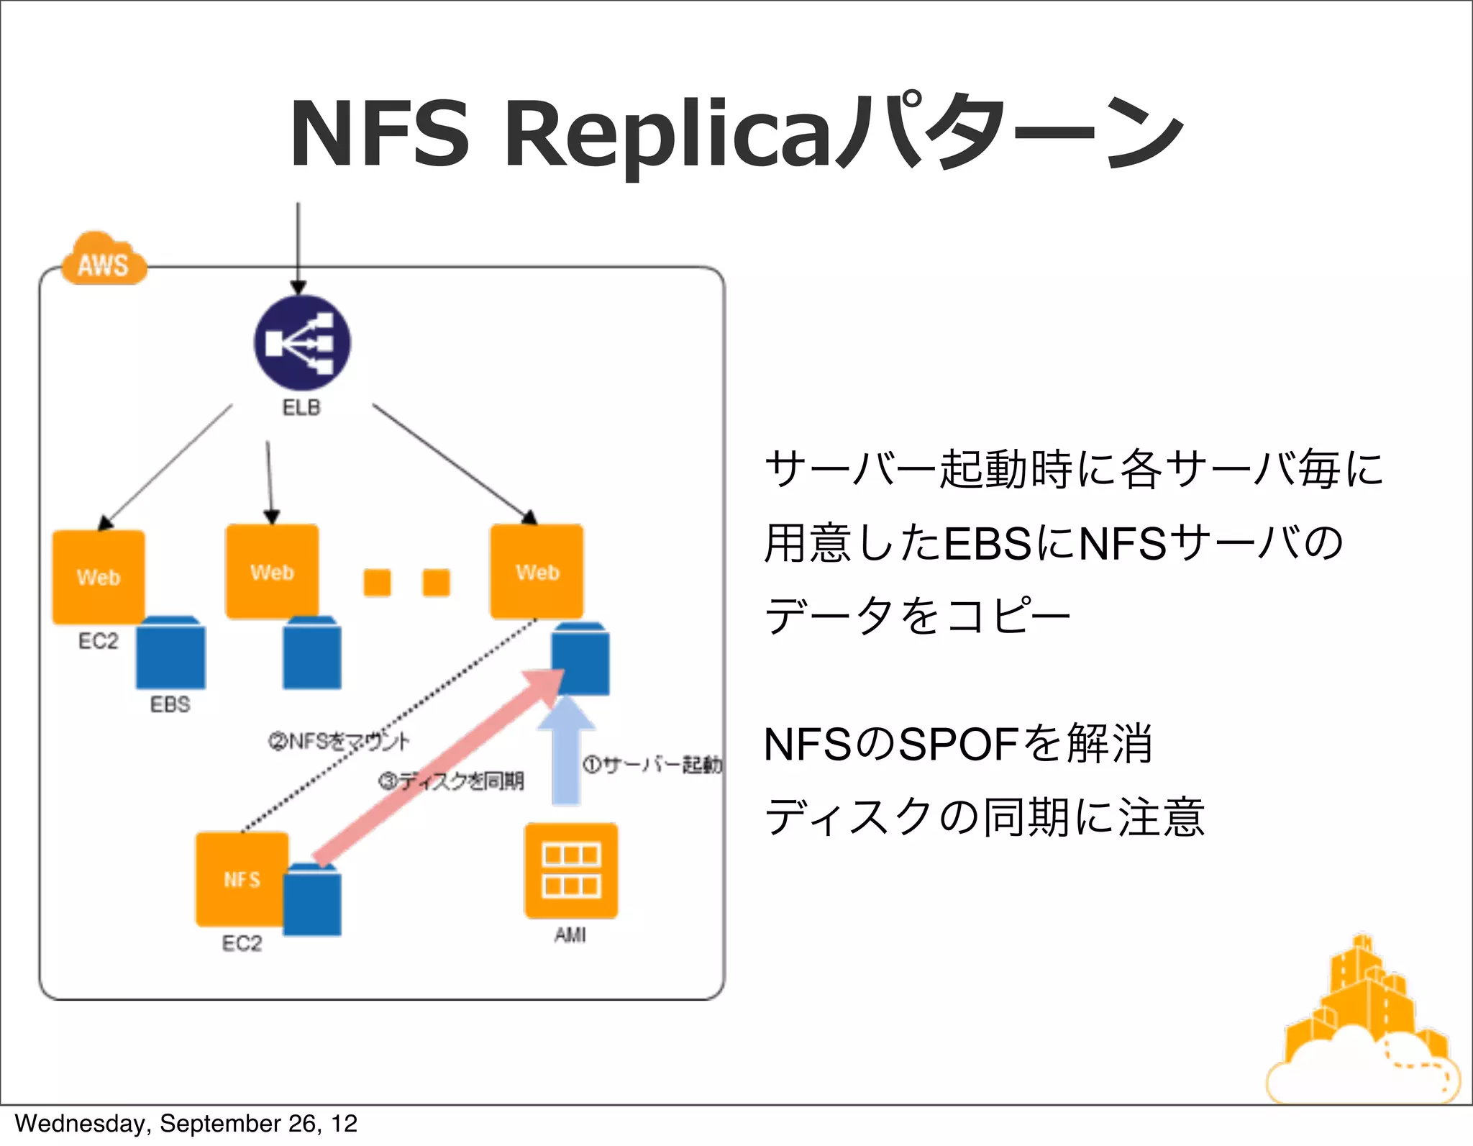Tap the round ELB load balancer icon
pyautogui.click(x=302, y=343)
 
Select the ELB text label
pyautogui.click(x=301, y=408)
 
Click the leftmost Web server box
pyautogui.click(x=99, y=577)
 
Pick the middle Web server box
pyautogui.click(x=272, y=572)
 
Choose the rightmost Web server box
pyautogui.click(x=537, y=572)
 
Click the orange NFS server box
pyautogui.click(x=242, y=879)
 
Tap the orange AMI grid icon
pyautogui.click(x=571, y=870)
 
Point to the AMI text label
pyautogui.click(x=570, y=934)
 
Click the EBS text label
pyautogui.click(x=170, y=704)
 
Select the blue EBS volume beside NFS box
pyautogui.click(x=312, y=901)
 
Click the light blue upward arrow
pyautogui.click(x=567, y=752)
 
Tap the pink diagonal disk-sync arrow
pyautogui.click(x=439, y=766)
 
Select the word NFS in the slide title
pyautogui.click(x=379, y=135)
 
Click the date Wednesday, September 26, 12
pyautogui.click(x=186, y=1124)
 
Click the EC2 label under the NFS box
pyautogui.click(x=242, y=943)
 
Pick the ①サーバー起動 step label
pyautogui.click(x=652, y=764)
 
